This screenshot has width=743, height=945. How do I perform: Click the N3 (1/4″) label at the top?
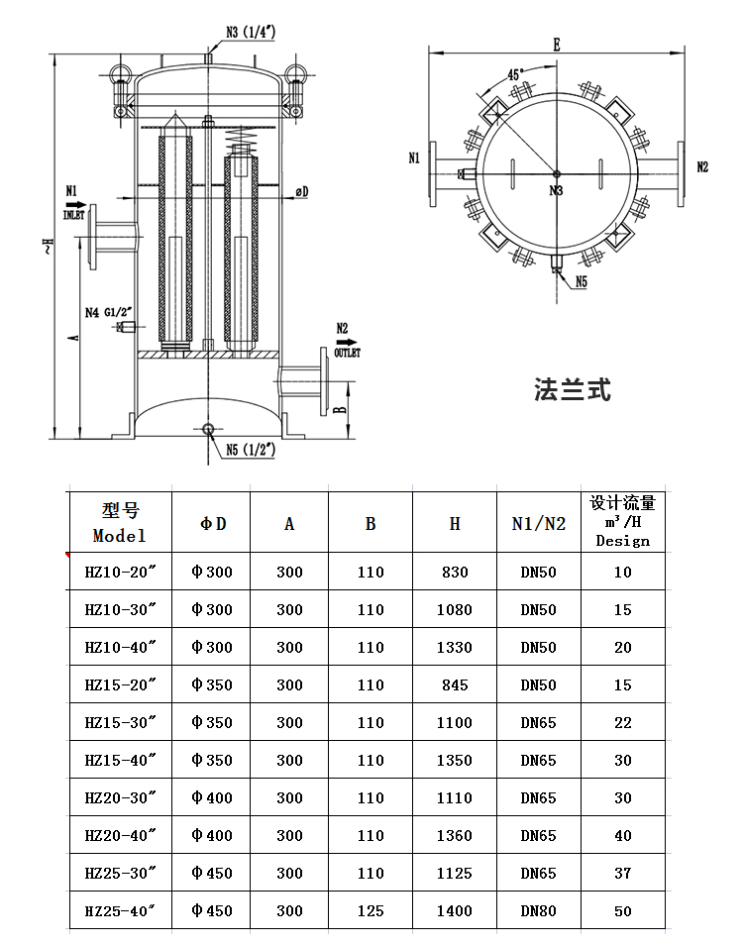point(252,31)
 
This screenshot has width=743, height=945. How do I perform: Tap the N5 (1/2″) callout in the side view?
point(250,449)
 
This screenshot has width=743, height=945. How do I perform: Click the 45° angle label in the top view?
point(515,74)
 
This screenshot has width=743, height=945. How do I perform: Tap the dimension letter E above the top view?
point(557,45)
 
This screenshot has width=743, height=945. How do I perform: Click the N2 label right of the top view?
point(702,166)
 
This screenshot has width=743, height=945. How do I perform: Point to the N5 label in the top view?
point(581,282)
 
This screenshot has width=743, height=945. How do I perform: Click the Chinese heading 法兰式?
point(573,388)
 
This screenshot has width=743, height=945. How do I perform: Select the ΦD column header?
point(212,523)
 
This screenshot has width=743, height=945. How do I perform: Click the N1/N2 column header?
point(538,523)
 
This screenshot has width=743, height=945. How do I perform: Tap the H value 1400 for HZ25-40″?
point(454,910)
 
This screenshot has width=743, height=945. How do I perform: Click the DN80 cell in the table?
point(538,910)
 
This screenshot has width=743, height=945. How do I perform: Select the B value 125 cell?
point(370,910)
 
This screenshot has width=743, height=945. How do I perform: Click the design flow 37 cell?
point(622,873)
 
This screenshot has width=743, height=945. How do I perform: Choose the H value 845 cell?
point(454,684)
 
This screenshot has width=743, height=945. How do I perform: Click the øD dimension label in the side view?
point(301,190)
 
